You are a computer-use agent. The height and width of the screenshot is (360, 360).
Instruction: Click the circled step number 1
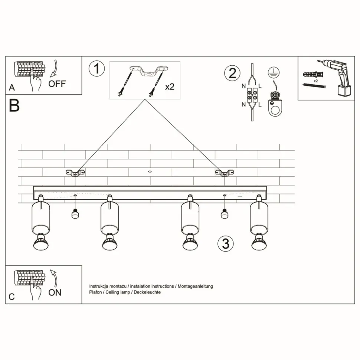(97, 69)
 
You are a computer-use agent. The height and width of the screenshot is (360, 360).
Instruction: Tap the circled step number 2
(232, 72)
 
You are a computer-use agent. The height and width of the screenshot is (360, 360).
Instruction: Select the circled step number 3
(226, 243)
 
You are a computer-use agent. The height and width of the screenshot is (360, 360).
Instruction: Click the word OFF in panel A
(57, 84)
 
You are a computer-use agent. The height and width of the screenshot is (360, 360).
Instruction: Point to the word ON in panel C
(55, 292)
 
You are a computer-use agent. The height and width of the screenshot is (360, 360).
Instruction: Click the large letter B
(14, 106)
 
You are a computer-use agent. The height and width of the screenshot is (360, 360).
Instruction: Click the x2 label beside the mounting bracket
(170, 87)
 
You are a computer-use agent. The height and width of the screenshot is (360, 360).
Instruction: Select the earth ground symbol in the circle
(274, 72)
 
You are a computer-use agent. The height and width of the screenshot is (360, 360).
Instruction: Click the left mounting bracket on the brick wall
(75, 173)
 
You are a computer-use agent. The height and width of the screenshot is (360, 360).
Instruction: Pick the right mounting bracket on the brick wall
(224, 173)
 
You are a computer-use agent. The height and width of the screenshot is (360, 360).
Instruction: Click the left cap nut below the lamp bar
(75, 214)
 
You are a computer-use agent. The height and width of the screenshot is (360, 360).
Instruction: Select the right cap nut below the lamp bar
(224, 214)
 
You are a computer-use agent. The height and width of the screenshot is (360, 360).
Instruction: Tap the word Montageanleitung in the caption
(195, 287)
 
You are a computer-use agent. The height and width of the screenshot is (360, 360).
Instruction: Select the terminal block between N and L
(252, 95)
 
